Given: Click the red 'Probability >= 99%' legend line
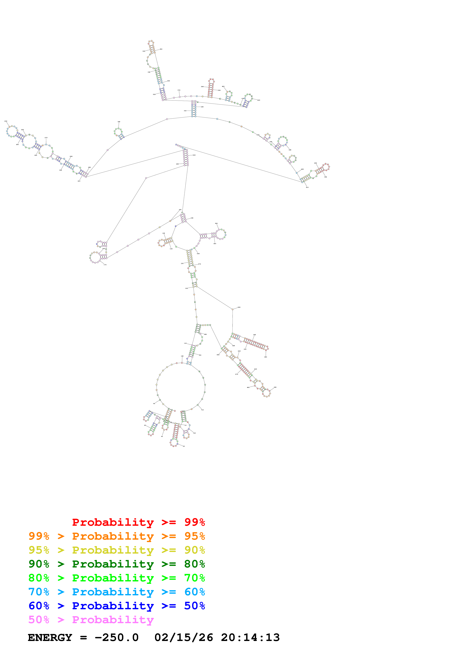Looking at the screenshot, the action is pos(138,522).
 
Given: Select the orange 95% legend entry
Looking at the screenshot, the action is pos(117,536).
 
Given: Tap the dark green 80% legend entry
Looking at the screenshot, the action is pos(117,564).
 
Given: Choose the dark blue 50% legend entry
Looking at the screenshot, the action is pos(117,606).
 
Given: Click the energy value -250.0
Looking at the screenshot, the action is pos(117,637).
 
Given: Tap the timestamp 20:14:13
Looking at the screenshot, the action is pos(250,637).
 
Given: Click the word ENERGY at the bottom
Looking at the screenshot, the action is pos(50,637).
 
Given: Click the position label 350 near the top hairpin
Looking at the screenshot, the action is pos(161,49).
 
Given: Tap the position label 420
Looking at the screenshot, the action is pos(258,100).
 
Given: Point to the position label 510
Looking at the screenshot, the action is pos(307,187).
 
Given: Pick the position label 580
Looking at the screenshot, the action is pos(239,307).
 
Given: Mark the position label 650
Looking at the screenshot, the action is pos(275,387).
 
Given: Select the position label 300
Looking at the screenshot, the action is pos(119,122).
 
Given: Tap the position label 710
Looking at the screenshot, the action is pos(202,410).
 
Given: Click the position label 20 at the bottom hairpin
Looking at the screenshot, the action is pos(184,446).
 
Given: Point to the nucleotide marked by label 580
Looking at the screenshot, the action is pos(232,309).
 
